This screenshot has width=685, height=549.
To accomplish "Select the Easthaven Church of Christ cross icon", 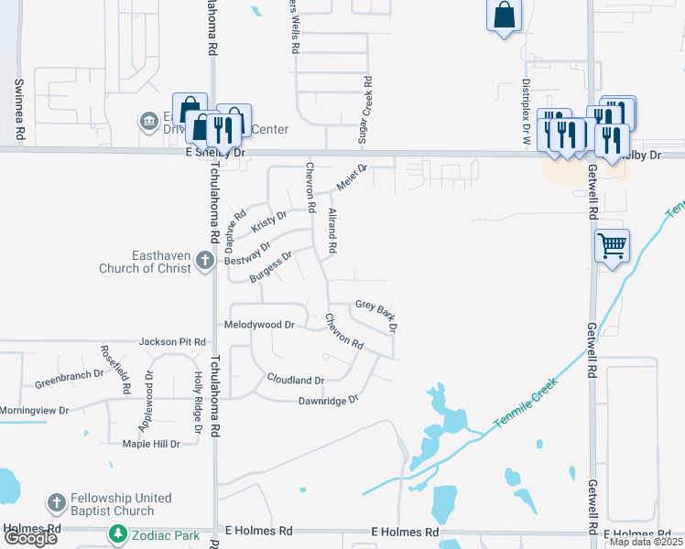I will pos(205,268).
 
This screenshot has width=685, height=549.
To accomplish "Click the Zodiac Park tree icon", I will pos(117,533).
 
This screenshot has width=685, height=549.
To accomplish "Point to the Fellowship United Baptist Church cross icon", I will pos(57,504).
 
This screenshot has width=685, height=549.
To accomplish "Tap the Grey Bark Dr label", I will pos(375,314).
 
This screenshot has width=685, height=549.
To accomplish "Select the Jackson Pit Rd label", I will pos(172,342).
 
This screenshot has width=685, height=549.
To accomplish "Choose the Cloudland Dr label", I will pos(295,379).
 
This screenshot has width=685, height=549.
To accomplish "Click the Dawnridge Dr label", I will pos(327,400).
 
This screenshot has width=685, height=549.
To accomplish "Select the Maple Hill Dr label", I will pos(151,444).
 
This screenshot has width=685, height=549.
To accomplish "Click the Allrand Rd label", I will pos(332,231).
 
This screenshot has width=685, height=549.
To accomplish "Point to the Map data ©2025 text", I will pos(645,542).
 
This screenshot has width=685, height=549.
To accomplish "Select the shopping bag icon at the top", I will pos(504,16).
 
